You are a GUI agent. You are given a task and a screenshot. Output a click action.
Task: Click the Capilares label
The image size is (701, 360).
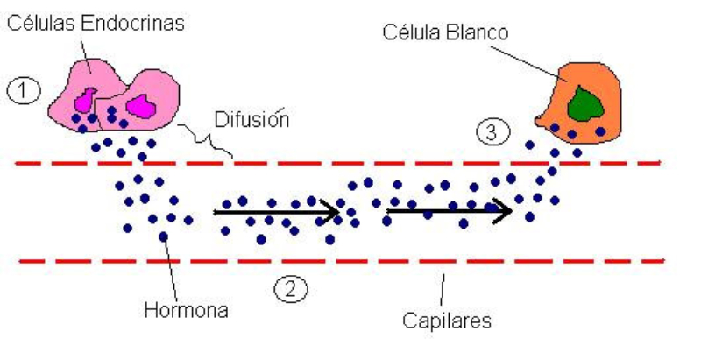(x=443, y=320)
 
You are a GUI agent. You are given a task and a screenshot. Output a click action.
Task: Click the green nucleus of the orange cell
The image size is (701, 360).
(x=581, y=102)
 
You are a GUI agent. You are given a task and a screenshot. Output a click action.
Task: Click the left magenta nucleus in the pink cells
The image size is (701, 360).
(x=89, y=98)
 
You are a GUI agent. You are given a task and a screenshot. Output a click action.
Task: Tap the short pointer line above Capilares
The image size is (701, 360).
(x=443, y=286)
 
